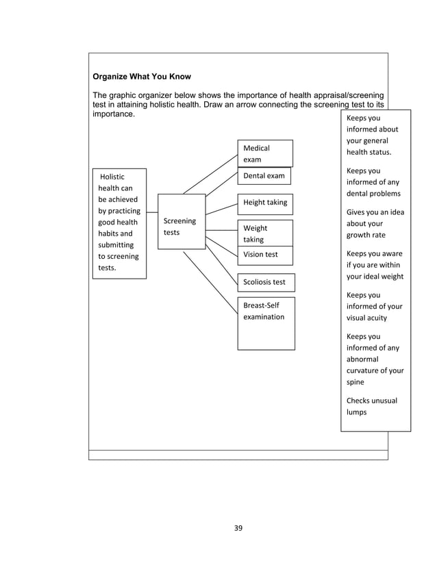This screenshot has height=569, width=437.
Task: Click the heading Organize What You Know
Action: (142, 77)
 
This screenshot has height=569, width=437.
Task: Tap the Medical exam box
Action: (265, 153)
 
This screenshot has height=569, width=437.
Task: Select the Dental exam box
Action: (264, 176)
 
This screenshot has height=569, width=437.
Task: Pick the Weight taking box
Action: (265, 233)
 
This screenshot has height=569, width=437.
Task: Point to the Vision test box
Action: (265, 255)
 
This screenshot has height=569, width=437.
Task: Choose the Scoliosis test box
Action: (265, 281)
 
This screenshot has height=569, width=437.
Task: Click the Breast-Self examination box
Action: (266, 323)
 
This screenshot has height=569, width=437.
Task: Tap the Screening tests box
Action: (181, 227)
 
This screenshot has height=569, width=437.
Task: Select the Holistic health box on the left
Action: (119, 223)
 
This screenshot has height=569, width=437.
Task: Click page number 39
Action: (238, 527)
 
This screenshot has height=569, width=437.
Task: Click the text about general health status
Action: (373, 135)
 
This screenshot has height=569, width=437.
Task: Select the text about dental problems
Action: (373, 182)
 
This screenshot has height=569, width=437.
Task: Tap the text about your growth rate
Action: (375, 224)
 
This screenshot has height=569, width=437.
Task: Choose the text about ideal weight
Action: (375, 265)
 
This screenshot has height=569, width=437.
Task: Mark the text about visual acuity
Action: (374, 306)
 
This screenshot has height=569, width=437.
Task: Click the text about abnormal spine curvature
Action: (375, 359)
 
